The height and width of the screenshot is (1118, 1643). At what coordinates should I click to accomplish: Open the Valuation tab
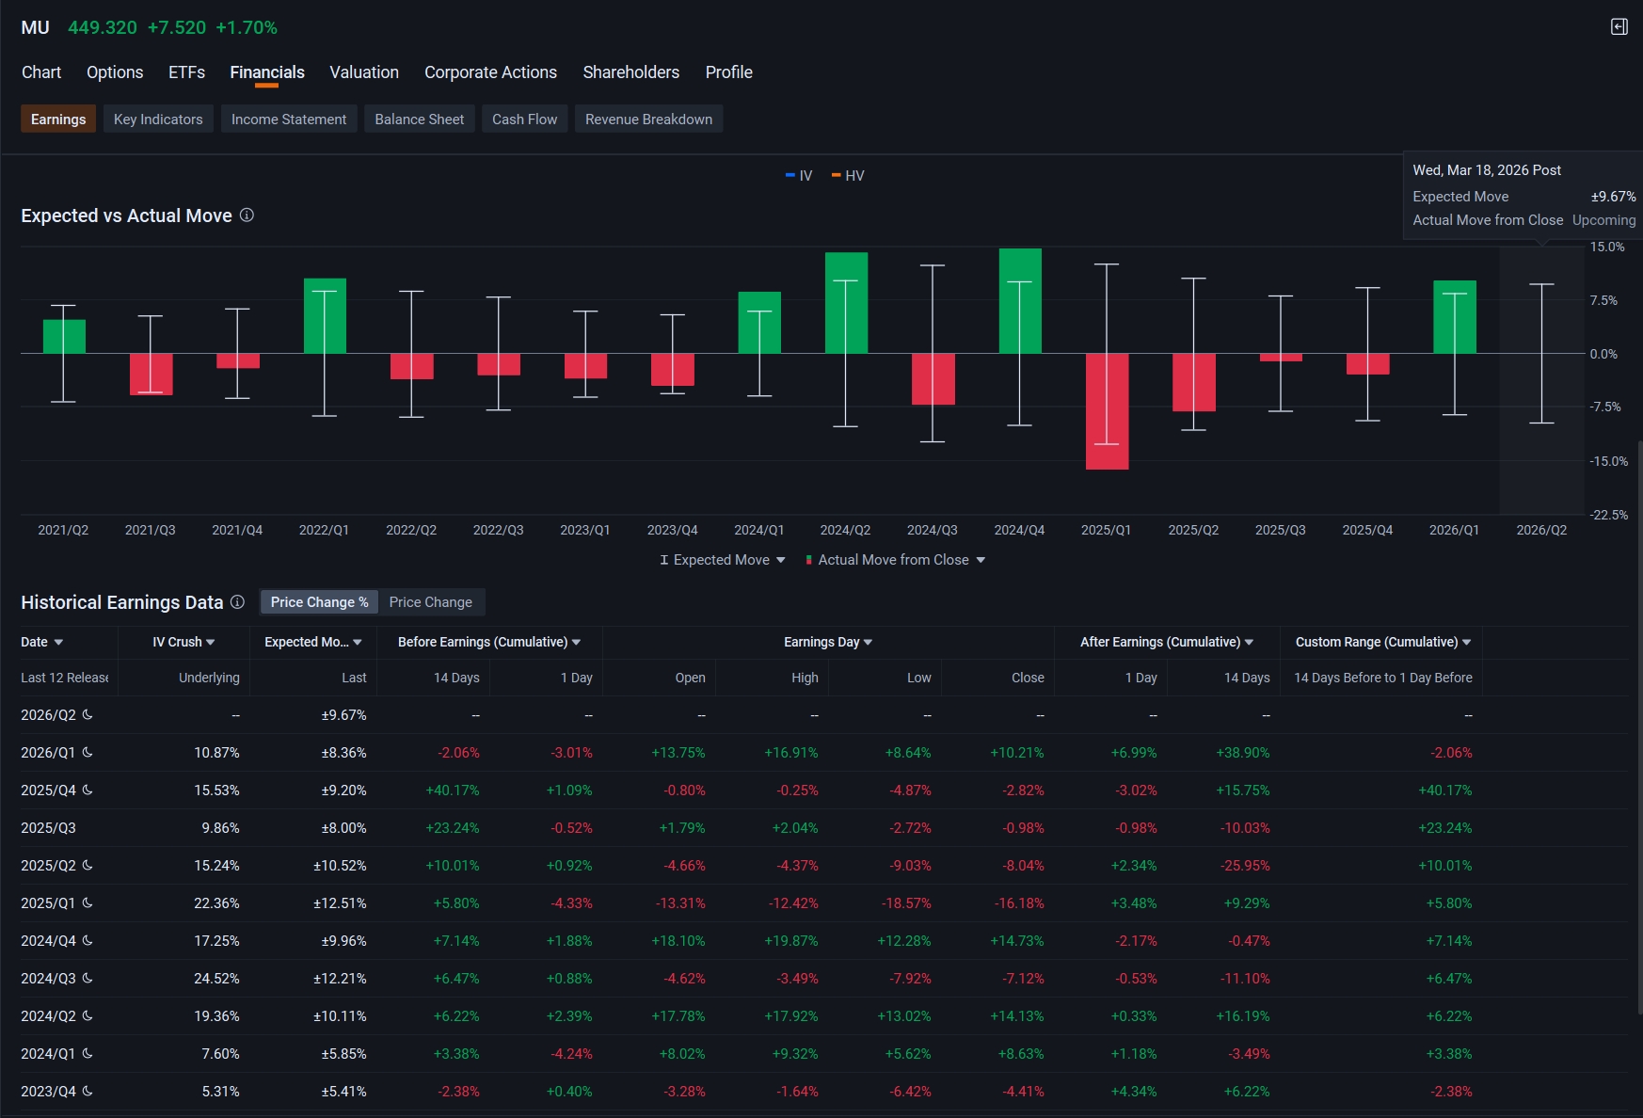364,72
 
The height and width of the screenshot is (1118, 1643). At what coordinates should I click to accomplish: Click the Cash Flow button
524,120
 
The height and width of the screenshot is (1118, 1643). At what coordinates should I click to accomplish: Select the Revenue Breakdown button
648,120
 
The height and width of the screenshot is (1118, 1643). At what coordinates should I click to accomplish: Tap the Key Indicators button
158,120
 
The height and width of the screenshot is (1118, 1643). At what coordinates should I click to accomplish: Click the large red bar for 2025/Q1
1107,411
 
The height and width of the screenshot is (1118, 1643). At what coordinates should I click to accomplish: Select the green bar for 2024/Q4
1020,301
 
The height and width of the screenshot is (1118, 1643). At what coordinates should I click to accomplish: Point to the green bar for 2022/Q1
325,316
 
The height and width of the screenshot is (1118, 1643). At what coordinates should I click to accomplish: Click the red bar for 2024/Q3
933,379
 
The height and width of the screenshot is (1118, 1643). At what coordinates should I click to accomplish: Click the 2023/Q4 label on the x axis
672,530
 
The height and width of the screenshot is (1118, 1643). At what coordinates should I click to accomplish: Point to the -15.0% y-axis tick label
1608,461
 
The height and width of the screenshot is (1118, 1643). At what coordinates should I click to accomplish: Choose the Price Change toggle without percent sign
431,602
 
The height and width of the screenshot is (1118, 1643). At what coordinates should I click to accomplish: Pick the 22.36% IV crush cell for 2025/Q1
216,903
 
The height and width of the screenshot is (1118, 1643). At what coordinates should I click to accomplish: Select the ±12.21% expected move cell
340,979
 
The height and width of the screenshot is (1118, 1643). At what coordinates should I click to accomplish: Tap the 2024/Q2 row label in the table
48,1016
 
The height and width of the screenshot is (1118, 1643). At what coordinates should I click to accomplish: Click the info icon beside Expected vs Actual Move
247,216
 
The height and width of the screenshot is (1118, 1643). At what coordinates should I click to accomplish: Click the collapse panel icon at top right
1619,27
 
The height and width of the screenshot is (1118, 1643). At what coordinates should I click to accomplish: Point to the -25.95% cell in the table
1245,866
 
